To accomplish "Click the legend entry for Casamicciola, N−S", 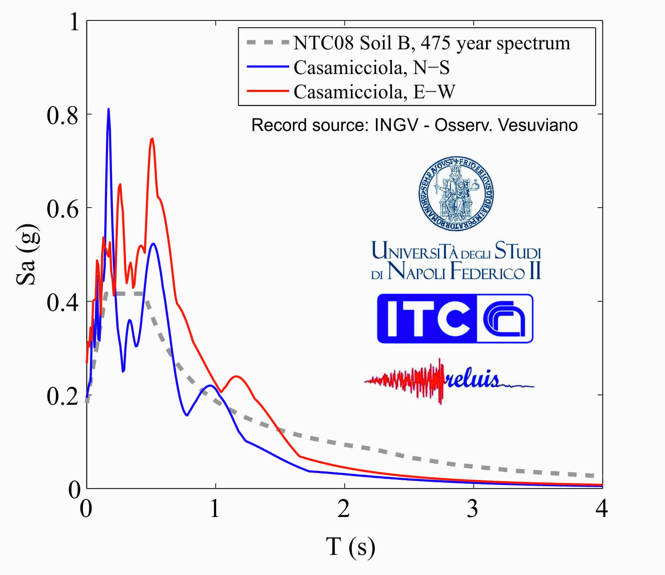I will point(371,68).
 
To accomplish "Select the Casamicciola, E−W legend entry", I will point(374,92).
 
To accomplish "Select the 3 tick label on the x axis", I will point(473,509).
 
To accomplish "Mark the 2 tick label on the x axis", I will point(344,509).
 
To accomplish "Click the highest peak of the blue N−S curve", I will point(108,110).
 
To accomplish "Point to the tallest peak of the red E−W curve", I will point(152,139).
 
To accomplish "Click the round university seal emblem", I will point(456,193).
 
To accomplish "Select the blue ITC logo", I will point(455,318).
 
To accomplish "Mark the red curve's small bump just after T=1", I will point(237,377).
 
